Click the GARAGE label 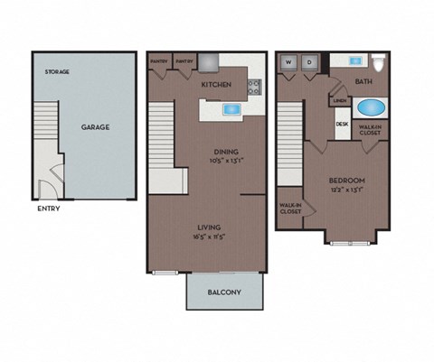coord(95,127)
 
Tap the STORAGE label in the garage coord(57,71)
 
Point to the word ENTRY coord(50,209)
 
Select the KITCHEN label coord(216,85)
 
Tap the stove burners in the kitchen coord(254,88)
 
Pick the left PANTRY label coord(158,61)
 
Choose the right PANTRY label coord(184,61)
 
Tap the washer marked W coord(290,62)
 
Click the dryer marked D coord(309,62)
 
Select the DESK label coord(342,124)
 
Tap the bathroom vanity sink coord(355,61)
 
